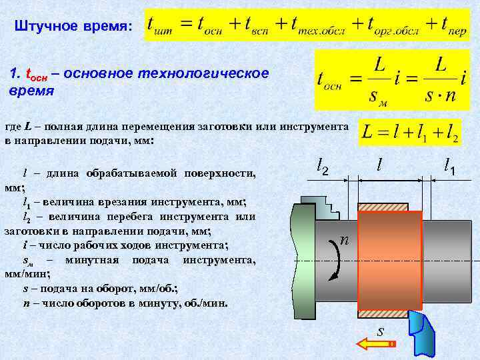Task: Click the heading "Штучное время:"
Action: point(73,26)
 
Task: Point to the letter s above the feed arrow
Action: point(380,330)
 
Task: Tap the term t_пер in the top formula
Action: point(445,25)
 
